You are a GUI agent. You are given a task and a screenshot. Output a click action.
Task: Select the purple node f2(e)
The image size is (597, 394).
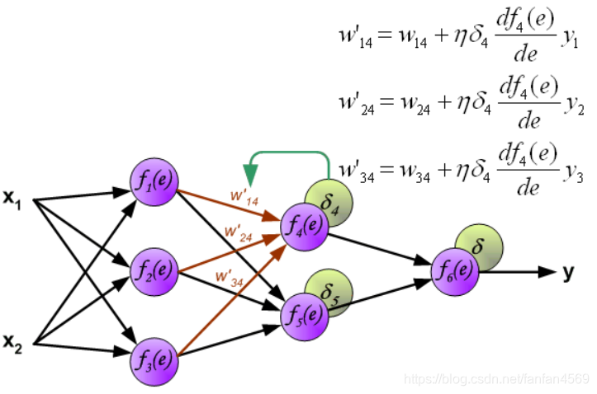[x=154, y=270]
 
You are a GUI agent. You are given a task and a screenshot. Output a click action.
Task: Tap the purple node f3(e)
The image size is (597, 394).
[x=154, y=359]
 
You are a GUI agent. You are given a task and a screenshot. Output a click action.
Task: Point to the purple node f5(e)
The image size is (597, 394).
[x=305, y=314]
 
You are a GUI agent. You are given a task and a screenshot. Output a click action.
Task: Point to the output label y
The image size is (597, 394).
[x=568, y=273]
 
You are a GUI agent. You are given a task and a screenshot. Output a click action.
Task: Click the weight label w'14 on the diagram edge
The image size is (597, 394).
[x=245, y=199]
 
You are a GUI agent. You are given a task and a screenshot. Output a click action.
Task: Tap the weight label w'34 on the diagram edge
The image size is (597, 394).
[x=228, y=274]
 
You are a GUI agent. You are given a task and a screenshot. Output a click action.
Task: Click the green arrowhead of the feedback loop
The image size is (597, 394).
[x=250, y=174]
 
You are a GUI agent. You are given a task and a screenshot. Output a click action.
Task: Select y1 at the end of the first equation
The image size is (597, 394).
[x=576, y=43]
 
